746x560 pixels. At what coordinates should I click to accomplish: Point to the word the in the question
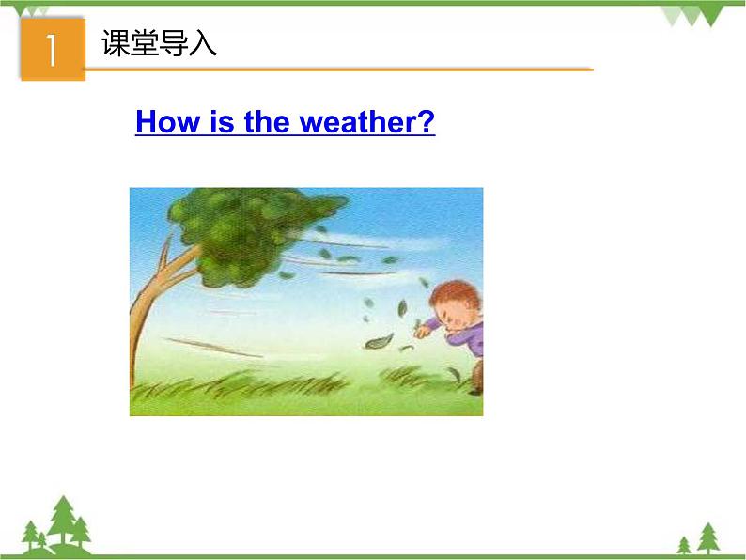click(268, 122)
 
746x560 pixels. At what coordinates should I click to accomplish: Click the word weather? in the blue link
click(367, 122)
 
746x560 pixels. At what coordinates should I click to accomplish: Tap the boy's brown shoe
click(476, 385)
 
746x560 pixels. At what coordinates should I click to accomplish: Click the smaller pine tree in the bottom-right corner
click(684, 544)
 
